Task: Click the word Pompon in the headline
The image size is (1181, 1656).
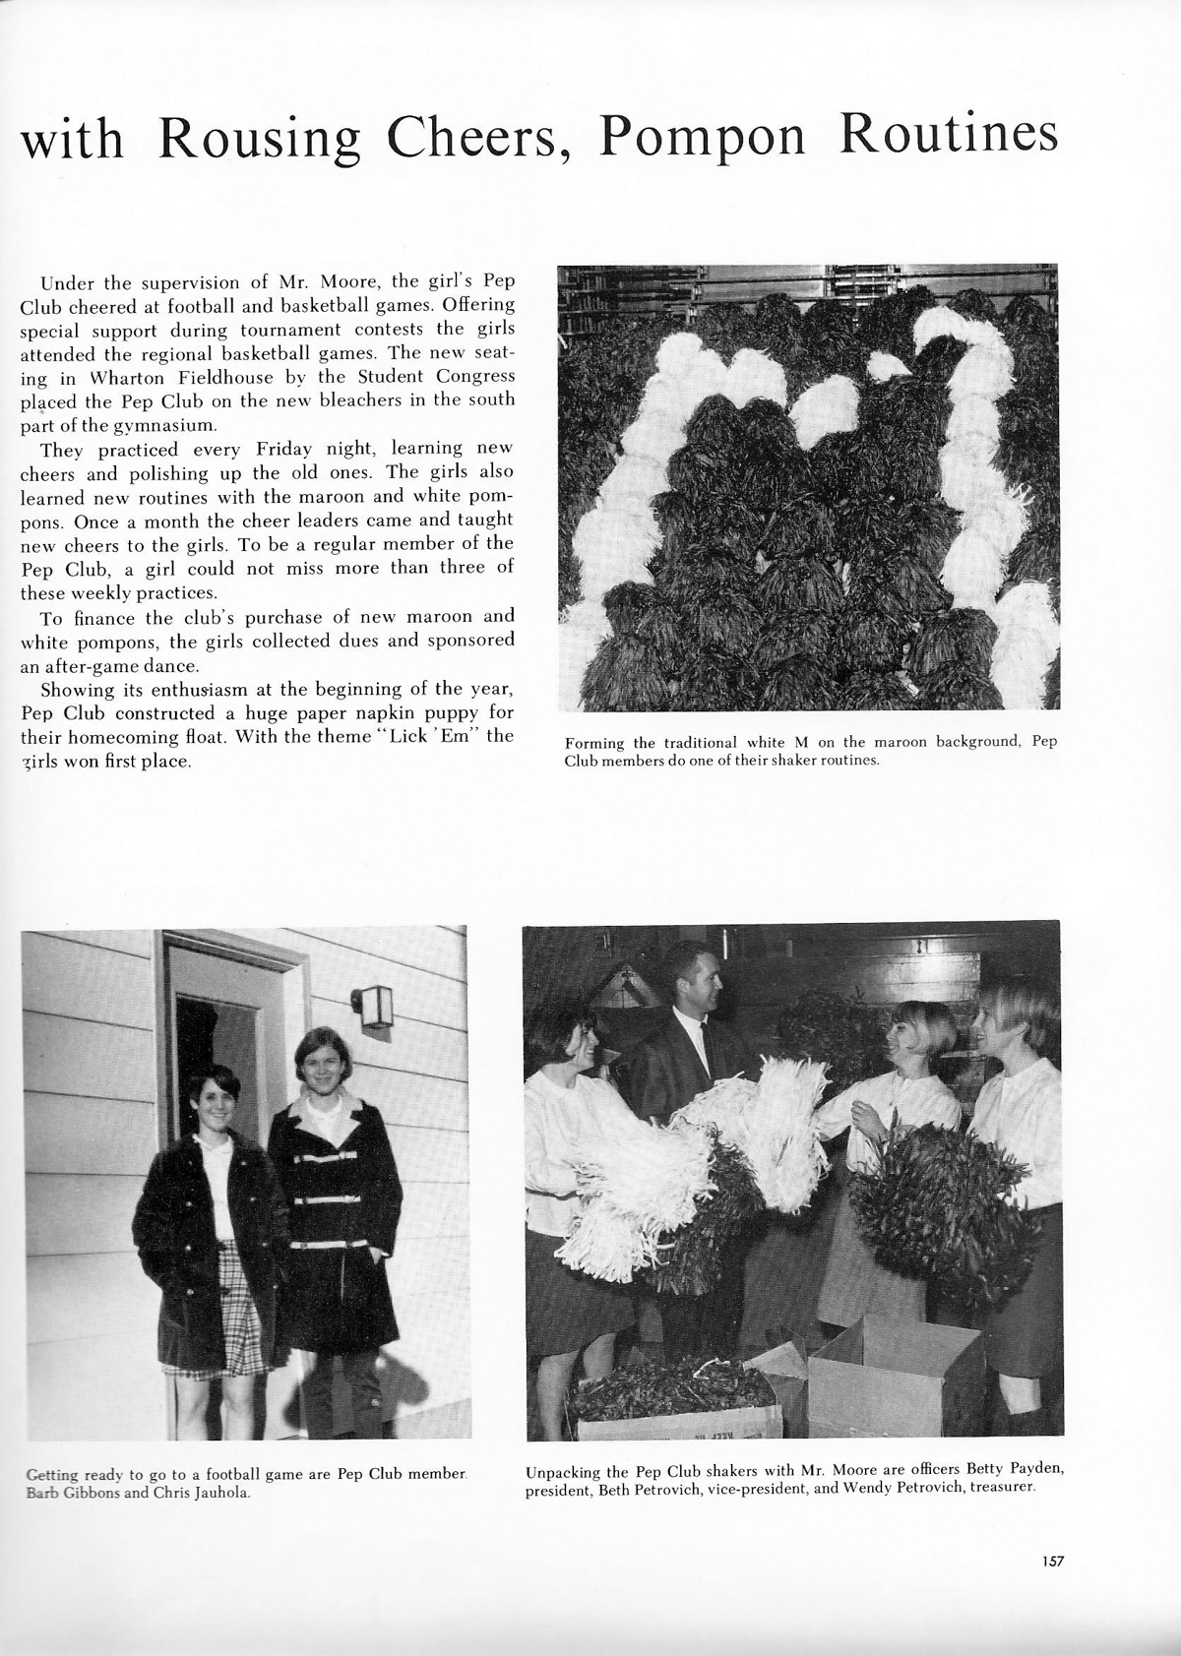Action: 703,137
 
